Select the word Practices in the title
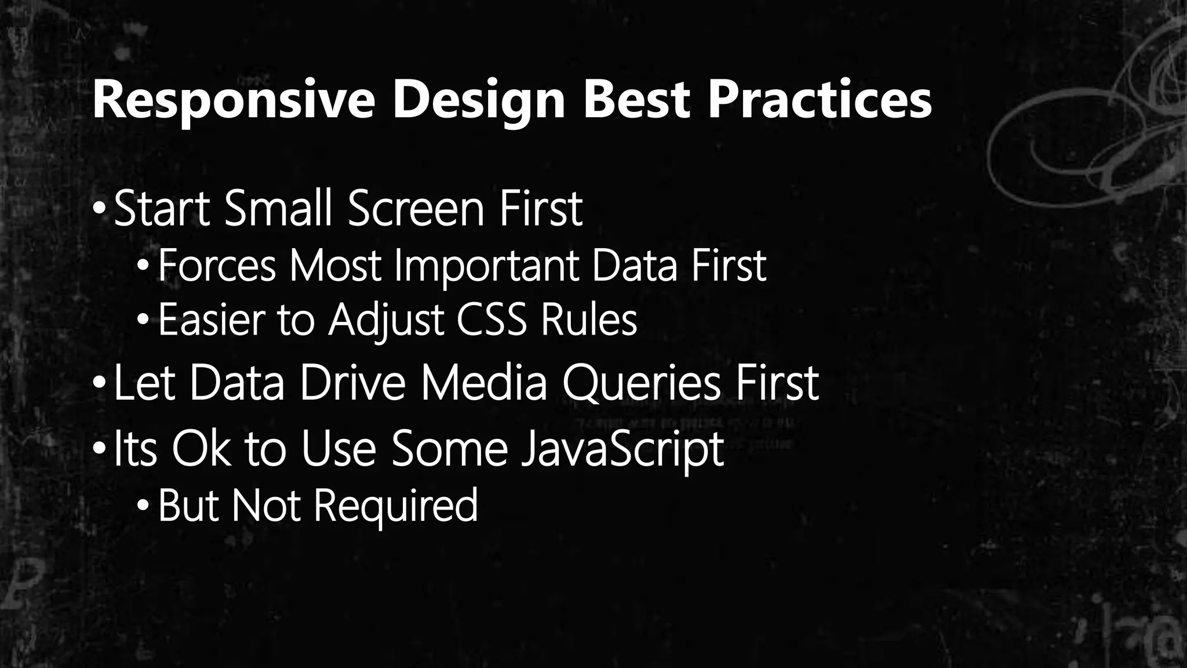[x=819, y=100]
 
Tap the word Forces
[x=217, y=266]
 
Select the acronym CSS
[x=491, y=320]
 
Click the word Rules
[x=588, y=320]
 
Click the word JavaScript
[x=622, y=449]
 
